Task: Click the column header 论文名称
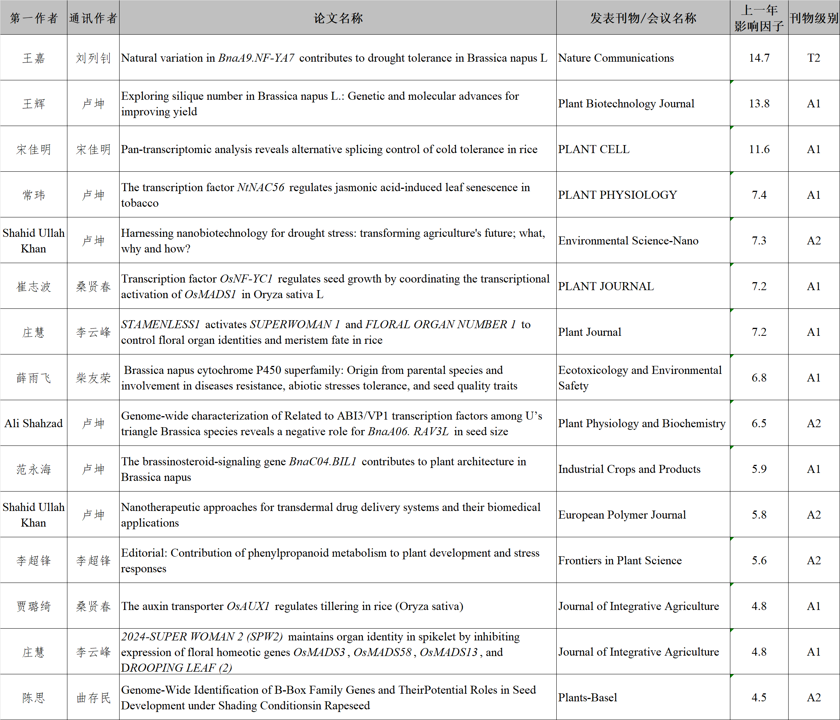click(338, 18)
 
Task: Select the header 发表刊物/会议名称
click(643, 18)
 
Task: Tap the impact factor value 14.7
click(759, 57)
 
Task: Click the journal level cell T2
click(813, 57)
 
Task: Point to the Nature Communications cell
click(616, 57)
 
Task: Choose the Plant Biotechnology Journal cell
click(626, 104)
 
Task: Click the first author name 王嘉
click(34, 58)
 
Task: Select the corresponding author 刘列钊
click(93, 58)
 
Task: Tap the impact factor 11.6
click(759, 149)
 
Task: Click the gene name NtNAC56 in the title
click(261, 187)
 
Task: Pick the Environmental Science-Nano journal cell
click(628, 240)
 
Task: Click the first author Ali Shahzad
click(34, 423)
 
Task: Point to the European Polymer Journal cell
click(622, 514)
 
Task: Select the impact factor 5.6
click(759, 560)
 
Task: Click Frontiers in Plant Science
click(620, 560)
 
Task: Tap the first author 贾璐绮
click(34, 606)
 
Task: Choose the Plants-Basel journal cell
click(588, 697)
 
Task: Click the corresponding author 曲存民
click(93, 697)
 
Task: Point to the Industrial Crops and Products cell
click(629, 469)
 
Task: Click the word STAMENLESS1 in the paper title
click(161, 324)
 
